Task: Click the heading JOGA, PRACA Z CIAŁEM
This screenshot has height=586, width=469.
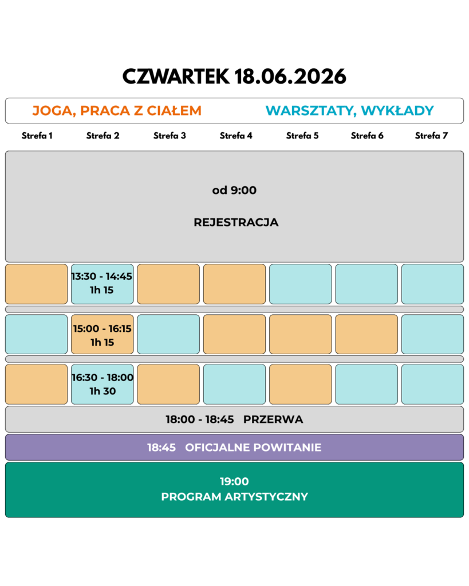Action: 117,110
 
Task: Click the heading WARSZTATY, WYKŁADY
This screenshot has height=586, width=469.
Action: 349,110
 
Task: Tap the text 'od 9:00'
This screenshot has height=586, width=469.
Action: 234,191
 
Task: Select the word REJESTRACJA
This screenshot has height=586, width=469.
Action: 236,222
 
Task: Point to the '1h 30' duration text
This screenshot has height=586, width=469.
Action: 102,391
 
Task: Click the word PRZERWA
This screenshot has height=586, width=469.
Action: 273,419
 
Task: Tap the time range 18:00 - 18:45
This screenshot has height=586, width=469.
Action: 200,419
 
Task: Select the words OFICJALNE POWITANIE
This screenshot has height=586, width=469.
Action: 253,448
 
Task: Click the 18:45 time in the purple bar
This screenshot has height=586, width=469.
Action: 161,448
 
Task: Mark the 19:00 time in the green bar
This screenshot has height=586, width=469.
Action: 234,482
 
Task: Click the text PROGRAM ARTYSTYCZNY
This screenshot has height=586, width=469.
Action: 234,497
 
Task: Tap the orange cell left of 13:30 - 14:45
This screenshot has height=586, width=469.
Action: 36,284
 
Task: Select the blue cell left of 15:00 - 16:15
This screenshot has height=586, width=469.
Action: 36,334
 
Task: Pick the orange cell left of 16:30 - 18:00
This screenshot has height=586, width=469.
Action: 36,384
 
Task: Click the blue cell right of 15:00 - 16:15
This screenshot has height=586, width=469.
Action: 168,334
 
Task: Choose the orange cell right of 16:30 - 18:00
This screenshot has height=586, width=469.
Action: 168,384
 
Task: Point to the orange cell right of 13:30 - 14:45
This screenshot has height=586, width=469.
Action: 168,284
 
